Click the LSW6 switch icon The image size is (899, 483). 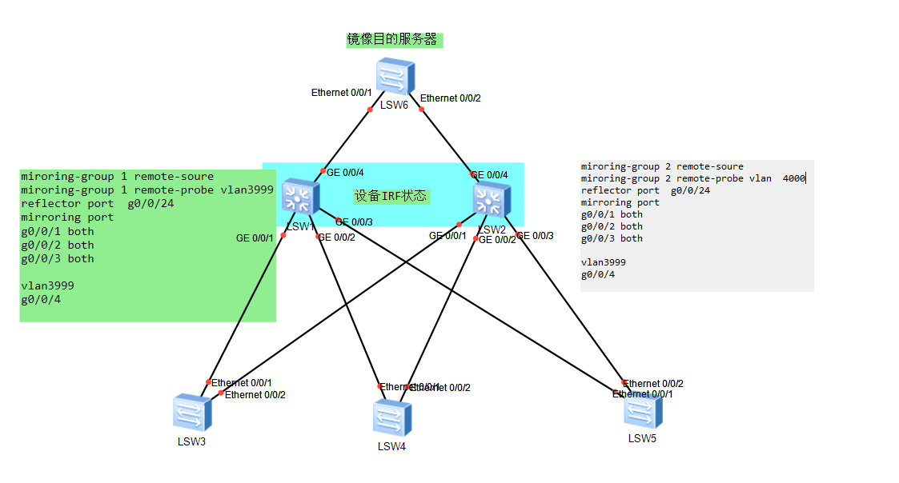(395, 78)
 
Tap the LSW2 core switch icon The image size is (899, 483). (491, 199)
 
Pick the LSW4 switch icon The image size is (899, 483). (391, 418)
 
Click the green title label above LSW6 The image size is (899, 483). (394, 39)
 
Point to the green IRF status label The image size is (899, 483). (391, 196)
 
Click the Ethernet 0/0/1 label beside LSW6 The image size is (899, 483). (342, 93)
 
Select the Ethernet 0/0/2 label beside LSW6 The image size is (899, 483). (451, 98)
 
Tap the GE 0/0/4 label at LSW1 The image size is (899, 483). (345, 172)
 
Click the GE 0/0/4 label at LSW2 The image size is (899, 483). (489, 175)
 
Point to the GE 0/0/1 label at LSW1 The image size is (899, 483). (255, 238)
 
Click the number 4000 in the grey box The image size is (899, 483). (793, 178)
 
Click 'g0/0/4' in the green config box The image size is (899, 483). (41, 300)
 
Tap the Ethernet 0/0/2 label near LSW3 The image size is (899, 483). (255, 395)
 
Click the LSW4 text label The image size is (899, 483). (391, 446)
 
